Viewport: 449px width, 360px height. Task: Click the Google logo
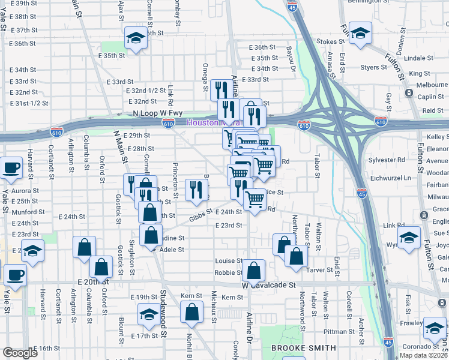tap(19, 353)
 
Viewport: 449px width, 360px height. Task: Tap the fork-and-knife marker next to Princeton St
tap(196, 190)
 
